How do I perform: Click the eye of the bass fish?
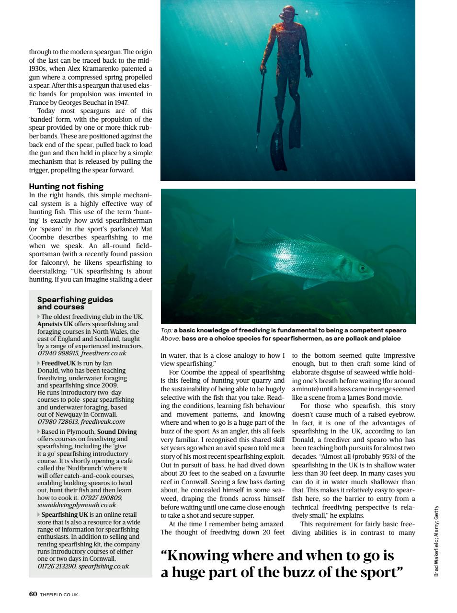click(363, 267)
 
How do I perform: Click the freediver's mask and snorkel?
click(288, 11)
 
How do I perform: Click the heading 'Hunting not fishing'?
click(66, 186)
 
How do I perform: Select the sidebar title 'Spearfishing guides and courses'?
click(75, 303)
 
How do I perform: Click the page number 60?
click(33, 594)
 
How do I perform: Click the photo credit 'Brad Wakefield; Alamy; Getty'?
click(436, 541)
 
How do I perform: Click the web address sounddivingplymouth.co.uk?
click(77, 505)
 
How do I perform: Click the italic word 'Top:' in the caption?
click(166, 330)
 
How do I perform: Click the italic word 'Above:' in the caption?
click(170, 339)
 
